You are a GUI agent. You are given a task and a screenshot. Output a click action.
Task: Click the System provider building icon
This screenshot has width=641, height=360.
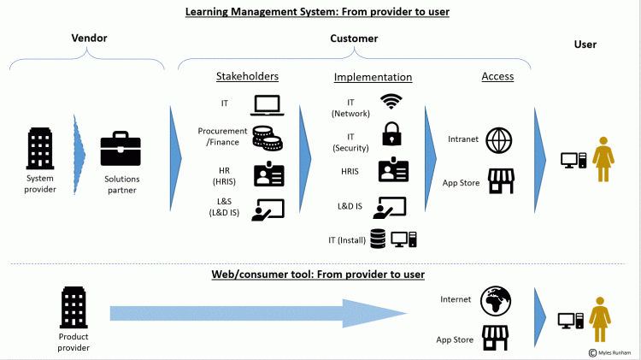(41, 149)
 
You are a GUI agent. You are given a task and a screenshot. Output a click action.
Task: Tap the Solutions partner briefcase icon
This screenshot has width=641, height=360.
(121, 150)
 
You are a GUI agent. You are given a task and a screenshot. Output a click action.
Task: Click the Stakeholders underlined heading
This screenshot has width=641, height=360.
(246, 77)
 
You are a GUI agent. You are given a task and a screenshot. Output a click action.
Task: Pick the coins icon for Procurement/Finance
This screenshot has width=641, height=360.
(265, 138)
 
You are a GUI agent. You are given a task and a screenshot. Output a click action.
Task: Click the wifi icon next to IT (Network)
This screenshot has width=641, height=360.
(391, 103)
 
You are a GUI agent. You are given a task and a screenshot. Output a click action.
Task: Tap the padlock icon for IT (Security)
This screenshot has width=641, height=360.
(391, 134)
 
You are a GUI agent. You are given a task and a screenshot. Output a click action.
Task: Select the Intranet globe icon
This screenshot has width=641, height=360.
(498, 139)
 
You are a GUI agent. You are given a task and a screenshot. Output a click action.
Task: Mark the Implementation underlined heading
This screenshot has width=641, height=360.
(373, 77)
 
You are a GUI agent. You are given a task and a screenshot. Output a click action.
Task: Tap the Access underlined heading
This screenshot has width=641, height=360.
(497, 77)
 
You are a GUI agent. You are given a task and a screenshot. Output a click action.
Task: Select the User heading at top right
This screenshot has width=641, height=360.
(585, 44)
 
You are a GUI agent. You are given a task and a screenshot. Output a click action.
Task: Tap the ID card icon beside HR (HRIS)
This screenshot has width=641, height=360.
(268, 174)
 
